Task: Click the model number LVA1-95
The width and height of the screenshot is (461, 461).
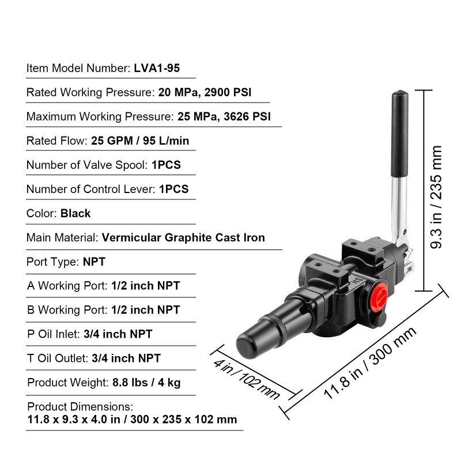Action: click(157, 68)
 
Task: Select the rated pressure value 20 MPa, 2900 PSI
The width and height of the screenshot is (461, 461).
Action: click(205, 92)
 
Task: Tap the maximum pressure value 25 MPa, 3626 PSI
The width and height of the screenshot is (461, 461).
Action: click(224, 117)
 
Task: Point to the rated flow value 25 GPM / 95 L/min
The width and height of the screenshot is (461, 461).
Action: click(140, 141)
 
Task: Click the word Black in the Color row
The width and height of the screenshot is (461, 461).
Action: click(75, 213)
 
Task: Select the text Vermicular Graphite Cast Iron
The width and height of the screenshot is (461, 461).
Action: click(183, 237)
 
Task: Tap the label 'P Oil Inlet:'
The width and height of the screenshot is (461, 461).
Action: click(54, 334)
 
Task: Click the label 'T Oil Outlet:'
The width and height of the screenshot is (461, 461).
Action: click(58, 358)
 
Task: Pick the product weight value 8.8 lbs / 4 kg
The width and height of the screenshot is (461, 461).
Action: click(146, 383)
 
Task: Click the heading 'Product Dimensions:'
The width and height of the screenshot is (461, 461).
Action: click(80, 407)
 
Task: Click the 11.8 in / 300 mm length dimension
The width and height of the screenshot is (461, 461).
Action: click(370, 363)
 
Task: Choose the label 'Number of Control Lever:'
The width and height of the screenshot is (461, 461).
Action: click(91, 190)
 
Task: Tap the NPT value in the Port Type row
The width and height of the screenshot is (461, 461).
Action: click(94, 262)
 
